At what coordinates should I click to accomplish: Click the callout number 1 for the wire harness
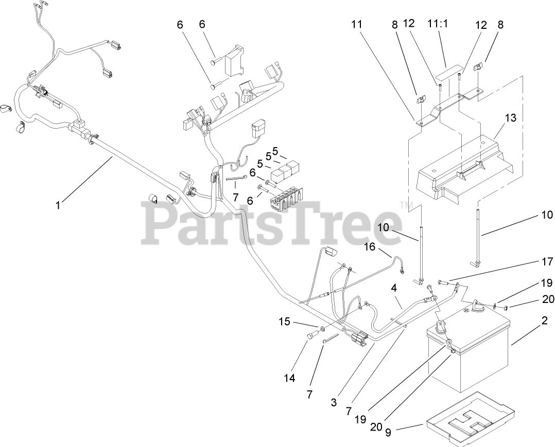coord(58,205)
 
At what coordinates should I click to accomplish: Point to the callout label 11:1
coord(438,24)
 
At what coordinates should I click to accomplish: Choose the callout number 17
coord(546,261)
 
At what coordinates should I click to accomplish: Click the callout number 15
coord(285,322)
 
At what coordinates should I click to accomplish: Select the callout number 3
coord(334,403)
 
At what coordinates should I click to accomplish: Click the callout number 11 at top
coord(357,24)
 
